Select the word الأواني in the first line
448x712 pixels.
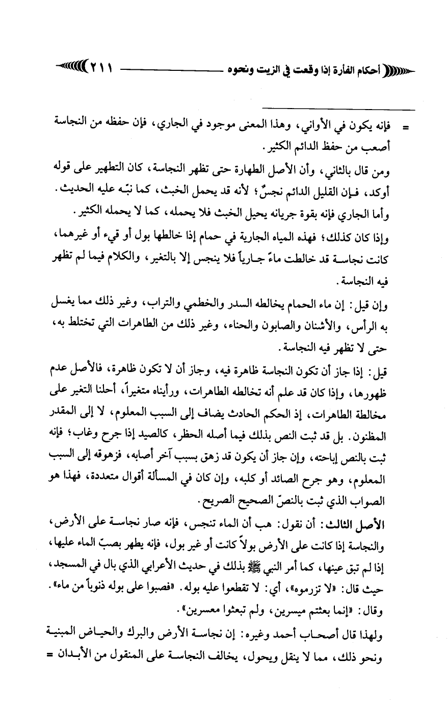pyautogui.click(x=332, y=126)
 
